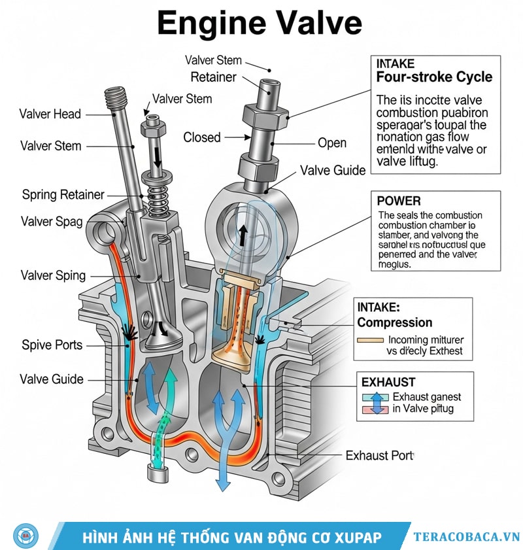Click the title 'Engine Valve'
(x=260, y=24)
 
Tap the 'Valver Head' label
(x=50, y=114)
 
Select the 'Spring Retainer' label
(x=63, y=194)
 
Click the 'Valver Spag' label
(x=52, y=221)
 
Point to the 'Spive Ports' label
(x=52, y=344)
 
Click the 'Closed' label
(x=202, y=137)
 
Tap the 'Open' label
(x=331, y=143)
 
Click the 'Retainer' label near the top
(x=213, y=77)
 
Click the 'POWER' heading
(x=399, y=201)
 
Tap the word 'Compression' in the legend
(x=395, y=322)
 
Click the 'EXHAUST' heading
(x=388, y=382)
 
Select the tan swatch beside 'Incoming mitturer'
(x=370, y=340)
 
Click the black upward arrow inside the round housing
(x=242, y=235)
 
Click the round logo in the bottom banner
(x=25, y=536)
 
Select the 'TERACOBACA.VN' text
(x=466, y=537)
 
